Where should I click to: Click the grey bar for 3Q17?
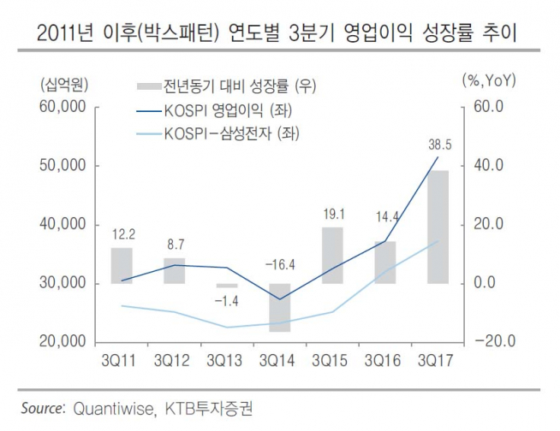tap(437, 227)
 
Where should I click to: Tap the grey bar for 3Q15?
tap(332, 255)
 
